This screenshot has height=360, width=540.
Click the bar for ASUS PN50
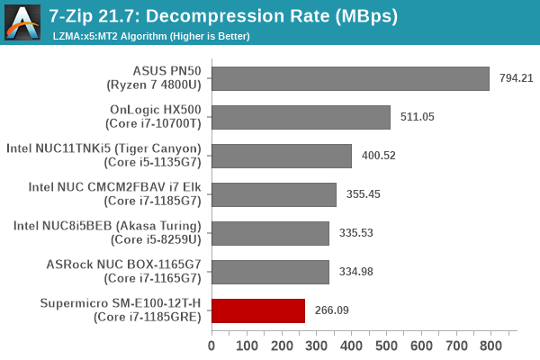[350, 79]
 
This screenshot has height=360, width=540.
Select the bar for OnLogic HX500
[301, 118]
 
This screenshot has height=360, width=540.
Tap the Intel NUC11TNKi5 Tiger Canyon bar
[282, 157]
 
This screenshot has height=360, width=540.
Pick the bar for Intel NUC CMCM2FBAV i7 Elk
[274, 195]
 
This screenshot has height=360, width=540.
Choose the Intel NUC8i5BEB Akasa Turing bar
[270, 234]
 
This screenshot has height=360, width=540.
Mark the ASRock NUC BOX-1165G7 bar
[270, 273]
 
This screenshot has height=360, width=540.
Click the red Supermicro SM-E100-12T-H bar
[258, 311]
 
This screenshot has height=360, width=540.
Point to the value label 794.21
[517, 79]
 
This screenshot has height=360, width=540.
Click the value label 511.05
[418, 118]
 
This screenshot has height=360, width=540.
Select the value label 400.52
[380, 157]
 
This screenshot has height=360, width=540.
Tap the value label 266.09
[333, 311]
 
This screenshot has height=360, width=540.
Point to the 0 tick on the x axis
[211, 344]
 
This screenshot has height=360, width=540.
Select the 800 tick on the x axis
[490, 344]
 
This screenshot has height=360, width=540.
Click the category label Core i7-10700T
[156, 125]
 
